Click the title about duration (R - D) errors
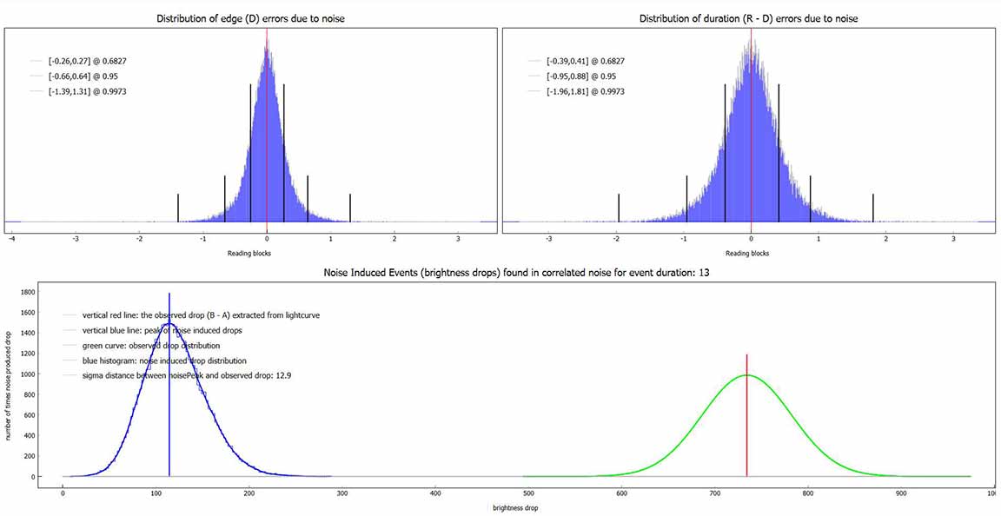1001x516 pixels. point(748,19)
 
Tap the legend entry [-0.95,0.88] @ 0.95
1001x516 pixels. point(577,76)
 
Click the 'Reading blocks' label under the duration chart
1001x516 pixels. point(752,254)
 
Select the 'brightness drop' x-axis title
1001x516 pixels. point(511,508)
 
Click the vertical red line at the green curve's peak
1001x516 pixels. point(746,415)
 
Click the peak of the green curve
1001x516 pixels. point(746,375)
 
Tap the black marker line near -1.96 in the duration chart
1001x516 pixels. point(619,208)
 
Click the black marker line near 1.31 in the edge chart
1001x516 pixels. point(350,208)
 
